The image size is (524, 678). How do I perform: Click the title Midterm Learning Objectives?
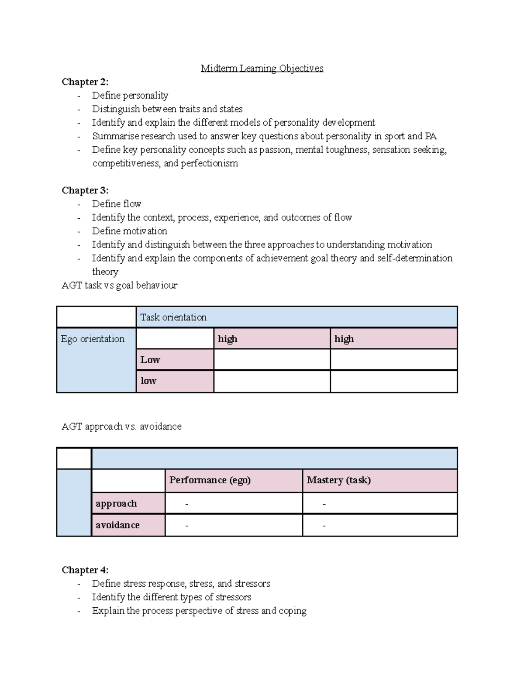(x=262, y=69)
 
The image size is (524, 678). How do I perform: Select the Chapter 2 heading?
(x=85, y=82)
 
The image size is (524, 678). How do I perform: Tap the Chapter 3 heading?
(x=85, y=190)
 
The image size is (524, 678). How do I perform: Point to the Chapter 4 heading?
(x=85, y=570)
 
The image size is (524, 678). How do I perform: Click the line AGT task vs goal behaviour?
(x=119, y=286)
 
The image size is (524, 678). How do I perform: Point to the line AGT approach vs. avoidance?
(x=121, y=427)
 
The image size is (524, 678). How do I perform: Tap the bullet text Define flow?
(x=116, y=204)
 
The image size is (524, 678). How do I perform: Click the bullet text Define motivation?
(x=129, y=231)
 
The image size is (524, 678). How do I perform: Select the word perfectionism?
(x=209, y=164)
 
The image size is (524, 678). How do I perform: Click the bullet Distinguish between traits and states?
(x=167, y=109)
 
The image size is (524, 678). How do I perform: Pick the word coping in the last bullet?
(x=292, y=611)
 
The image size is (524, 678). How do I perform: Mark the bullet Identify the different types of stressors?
(x=171, y=597)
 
